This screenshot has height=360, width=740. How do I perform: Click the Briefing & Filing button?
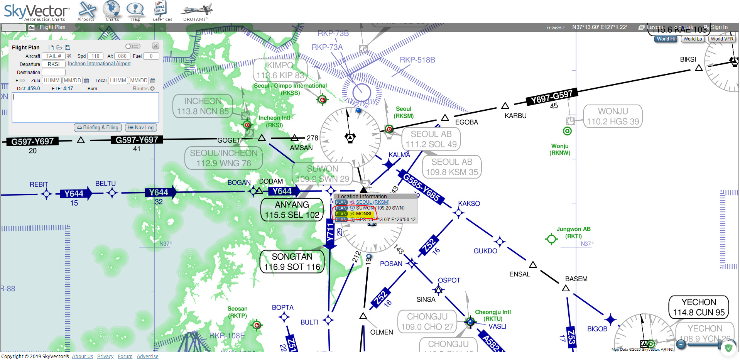98,128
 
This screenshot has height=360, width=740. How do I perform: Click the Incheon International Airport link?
99,64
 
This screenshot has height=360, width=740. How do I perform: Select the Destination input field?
54,73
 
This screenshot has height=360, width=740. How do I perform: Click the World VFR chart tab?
722,39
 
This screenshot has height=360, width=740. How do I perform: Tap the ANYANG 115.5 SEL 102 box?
292,210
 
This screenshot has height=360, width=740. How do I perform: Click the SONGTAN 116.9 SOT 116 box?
292,262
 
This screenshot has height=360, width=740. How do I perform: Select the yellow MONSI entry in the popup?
363,214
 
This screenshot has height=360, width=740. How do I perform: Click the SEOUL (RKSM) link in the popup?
372,202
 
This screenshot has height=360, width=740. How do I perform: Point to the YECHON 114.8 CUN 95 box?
699,307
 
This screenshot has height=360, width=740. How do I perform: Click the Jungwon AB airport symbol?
551,239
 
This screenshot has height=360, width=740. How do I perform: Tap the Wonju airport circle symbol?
567,131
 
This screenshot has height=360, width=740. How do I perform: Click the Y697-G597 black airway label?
552,96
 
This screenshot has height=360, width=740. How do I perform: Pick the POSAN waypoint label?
391,264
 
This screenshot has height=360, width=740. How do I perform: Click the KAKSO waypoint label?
469,204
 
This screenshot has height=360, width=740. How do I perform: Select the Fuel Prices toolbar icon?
161,11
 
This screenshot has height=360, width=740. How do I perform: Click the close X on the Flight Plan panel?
155,46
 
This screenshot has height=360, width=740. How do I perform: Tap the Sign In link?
719,27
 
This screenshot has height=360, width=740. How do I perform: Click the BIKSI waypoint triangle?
699,68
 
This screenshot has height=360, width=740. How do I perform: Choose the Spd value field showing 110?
95,56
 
